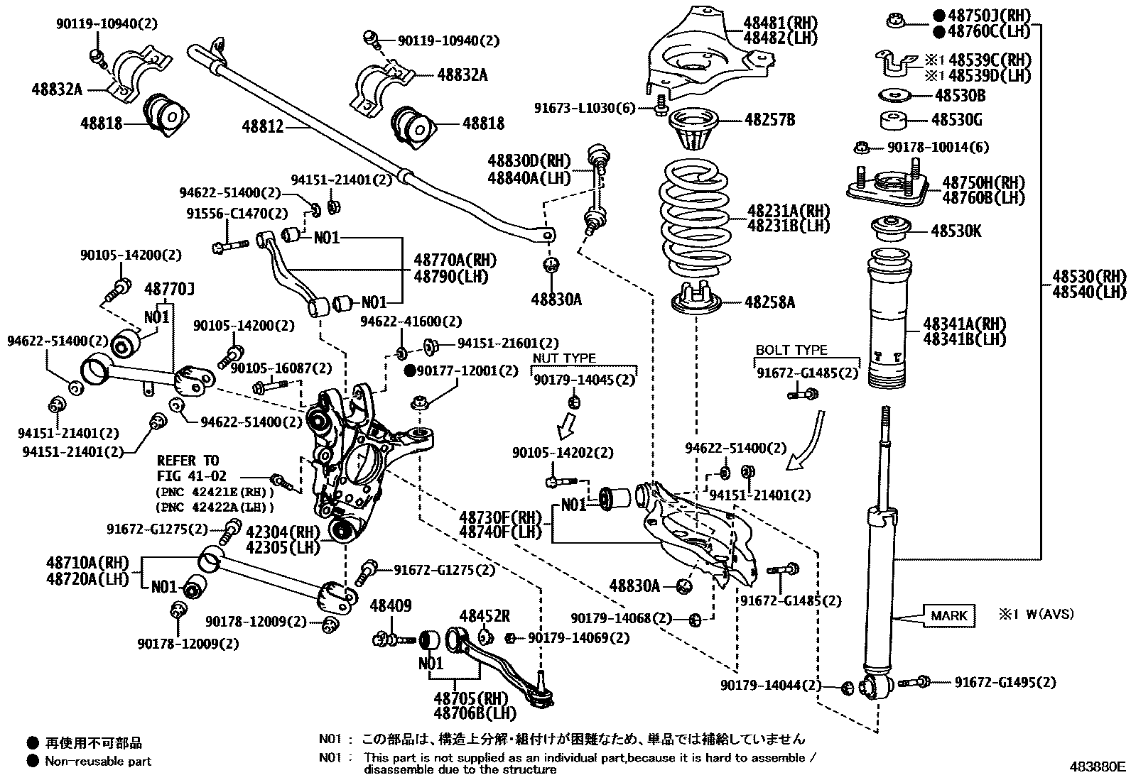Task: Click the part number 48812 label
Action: [x=262, y=127]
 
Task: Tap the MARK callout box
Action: [x=948, y=615]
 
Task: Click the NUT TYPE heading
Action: [x=564, y=358]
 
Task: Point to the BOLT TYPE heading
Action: [x=791, y=350]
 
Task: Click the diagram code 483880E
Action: [x=1098, y=767]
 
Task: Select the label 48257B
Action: [x=769, y=119]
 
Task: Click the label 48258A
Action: [x=769, y=303]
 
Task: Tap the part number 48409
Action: [x=390, y=605]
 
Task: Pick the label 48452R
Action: [x=485, y=616]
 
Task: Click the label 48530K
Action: [x=956, y=231]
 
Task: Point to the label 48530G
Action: [x=956, y=120]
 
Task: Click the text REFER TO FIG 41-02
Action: [x=190, y=468]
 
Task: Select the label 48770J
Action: [x=170, y=289]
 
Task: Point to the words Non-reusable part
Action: [x=98, y=762]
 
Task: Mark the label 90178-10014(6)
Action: [x=938, y=147]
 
